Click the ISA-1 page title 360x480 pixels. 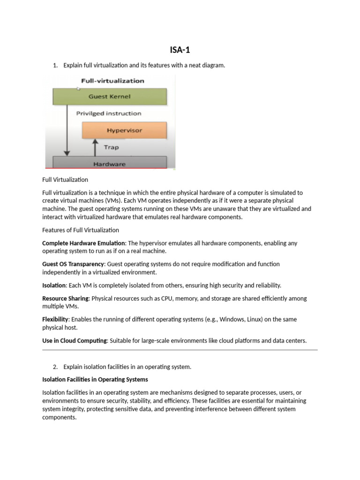180,49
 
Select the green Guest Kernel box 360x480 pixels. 109,97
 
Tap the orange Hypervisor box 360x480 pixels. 124,130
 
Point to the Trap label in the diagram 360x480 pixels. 111,147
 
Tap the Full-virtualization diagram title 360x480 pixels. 112,81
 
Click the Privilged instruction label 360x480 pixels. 108,113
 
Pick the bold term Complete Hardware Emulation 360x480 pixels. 83,243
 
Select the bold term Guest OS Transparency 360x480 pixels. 73,264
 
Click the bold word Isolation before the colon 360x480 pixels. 54,285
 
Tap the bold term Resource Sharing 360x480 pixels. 65,299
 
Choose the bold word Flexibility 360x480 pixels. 56,320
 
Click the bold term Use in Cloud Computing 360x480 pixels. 75,341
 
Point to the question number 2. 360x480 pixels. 55,367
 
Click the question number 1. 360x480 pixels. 55,66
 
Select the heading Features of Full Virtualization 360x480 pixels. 81,230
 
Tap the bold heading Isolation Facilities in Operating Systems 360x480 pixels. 95,379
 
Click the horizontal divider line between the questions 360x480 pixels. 180,350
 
